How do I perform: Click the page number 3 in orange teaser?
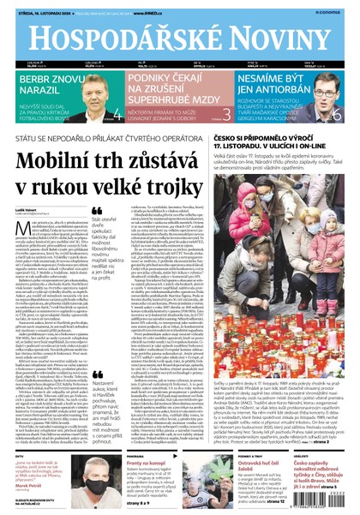point(226,113)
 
